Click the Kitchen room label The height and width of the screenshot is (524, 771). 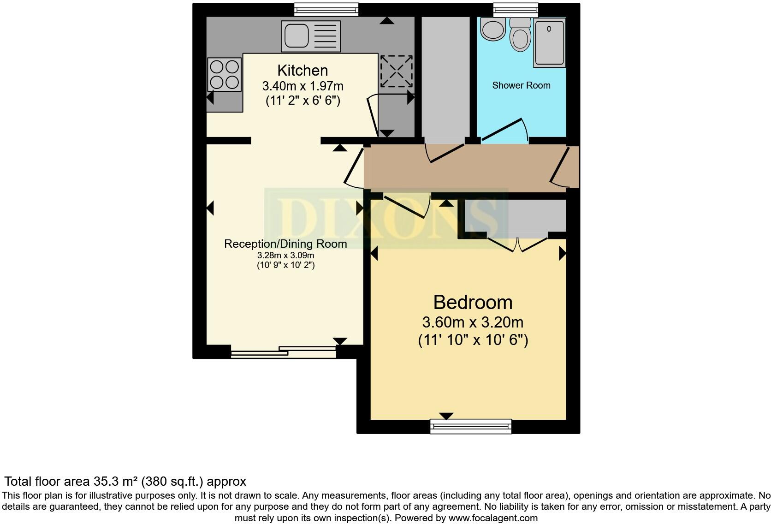tap(302, 71)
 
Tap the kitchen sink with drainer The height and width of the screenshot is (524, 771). tap(310, 36)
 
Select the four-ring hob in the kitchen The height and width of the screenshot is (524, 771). tap(225, 75)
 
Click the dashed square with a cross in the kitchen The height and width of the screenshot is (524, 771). tap(396, 71)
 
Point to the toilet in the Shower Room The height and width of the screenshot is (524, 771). tap(521, 36)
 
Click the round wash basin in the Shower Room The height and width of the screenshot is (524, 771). tap(492, 29)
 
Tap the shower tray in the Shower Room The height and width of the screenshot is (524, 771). tap(549, 42)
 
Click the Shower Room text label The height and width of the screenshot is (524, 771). tap(521, 85)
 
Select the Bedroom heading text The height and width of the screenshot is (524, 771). tap(473, 303)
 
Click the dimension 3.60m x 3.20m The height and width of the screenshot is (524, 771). tap(473, 322)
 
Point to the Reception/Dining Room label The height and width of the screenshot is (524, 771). tap(285, 244)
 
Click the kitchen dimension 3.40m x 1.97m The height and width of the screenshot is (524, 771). tap(302, 86)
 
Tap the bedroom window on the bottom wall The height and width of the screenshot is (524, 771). tap(471, 426)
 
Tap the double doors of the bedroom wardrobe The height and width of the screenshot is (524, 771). tap(518, 244)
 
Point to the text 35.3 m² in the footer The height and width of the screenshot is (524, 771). tap(114, 482)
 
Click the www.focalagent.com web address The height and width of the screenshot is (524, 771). tap(492, 518)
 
